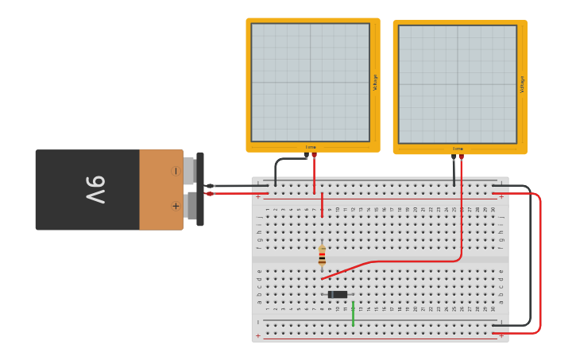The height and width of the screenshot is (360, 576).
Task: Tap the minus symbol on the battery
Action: (176, 171)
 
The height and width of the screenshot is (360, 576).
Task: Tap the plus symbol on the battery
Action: (176, 206)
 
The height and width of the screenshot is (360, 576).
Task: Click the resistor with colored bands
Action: (322, 255)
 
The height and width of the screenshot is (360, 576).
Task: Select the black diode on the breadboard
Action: (338, 295)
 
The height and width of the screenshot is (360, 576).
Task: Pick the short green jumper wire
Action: (353, 313)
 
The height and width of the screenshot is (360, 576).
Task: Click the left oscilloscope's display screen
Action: (310, 82)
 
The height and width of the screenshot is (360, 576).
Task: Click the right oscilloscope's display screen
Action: (457, 84)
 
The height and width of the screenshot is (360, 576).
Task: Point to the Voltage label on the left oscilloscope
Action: (375, 82)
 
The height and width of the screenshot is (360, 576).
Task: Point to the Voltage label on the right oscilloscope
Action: (522, 84)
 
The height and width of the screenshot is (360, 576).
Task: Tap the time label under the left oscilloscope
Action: (311, 147)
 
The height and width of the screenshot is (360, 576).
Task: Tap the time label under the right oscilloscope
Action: (458, 149)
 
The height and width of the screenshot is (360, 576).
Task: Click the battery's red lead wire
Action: (238, 193)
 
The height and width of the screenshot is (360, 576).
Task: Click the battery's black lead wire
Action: (238, 186)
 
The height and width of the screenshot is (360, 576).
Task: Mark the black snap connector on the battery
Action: (199, 189)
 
